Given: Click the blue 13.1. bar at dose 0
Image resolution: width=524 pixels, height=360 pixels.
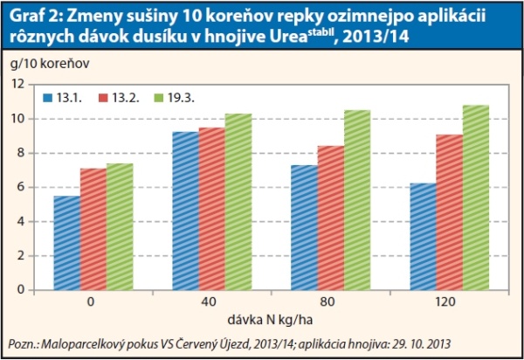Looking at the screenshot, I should [x=67, y=243].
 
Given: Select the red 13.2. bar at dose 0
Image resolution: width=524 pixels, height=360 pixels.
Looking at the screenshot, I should [x=93, y=229].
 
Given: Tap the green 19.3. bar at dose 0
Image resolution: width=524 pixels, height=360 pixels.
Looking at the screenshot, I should [x=121, y=226].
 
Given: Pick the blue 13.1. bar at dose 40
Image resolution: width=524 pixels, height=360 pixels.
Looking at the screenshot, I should [x=184, y=211].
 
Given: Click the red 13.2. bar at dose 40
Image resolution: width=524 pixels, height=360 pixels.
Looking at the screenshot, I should [x=211, y=209].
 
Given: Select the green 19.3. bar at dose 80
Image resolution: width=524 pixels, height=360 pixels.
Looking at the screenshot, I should [x=356, y=200].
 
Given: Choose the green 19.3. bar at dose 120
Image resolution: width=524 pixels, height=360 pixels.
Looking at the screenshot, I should [x=475, y=197].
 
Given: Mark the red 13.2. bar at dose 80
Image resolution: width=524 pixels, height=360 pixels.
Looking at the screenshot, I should [x=329, y=218].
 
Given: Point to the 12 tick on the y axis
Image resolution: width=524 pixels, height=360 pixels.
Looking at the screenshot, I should [x=17, y=84].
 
